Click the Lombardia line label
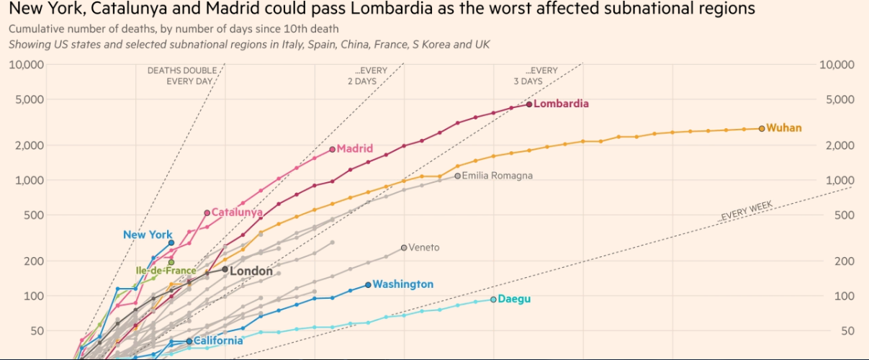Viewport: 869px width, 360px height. pyautogui.click(x=561, y=104)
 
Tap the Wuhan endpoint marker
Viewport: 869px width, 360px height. pyautogui.click(x=762, y=128)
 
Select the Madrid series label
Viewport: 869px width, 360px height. pyautogui.click(x=355, y=149)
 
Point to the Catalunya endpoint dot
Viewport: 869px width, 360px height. pyautogui.click(x=207, y=212)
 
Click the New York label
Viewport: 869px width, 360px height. pyautogui.click(x=148, y=235)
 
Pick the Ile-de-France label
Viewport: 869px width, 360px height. pyautogui.click(x=166, y=271)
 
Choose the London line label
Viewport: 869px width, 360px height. pyautogui.click(x=251, y=271)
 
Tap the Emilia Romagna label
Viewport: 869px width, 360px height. pyautogui.click(x=497, y=176)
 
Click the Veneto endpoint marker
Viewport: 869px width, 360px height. pyautogui.click(x=404, y=248)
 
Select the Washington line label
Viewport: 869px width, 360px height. pyautogui.click(x=403, y=284)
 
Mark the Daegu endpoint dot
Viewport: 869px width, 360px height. pyautogui.click(x=493, y=299)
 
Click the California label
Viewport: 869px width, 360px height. pyautogui.click(x=218, y=341)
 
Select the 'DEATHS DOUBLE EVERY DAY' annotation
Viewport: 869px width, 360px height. pyautogui.click(x=180, y=76)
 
